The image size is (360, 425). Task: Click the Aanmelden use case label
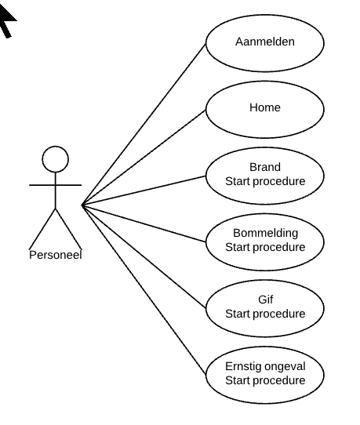(x=265, y=42)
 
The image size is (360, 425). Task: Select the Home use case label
(x=265, y=107)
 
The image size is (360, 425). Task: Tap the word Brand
(x=265, y=167)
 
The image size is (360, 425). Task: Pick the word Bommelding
(x=265, y=234)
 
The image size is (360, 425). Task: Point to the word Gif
(x=265, y=300)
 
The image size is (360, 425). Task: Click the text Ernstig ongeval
(x=265, y=367)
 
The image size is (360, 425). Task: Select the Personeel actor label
(x=56, y=255)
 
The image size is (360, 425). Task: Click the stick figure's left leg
(x=42, y=229)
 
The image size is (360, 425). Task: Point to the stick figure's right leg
(x=68, y=229)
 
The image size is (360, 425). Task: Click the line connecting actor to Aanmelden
(x=144, y=125)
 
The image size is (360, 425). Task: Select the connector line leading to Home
(x=144, y=158)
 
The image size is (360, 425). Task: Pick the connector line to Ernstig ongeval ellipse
(x=144, y=290)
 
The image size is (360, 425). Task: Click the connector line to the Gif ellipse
(x=144, y=256)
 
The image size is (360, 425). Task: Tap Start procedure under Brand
(x=265, y=182)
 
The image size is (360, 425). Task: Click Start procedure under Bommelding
(x=265, y=248)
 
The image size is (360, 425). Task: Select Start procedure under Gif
(x=265, y=314)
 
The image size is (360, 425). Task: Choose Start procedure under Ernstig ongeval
(x=265, y=381)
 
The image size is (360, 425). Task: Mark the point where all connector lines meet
(x=82, y=205)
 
